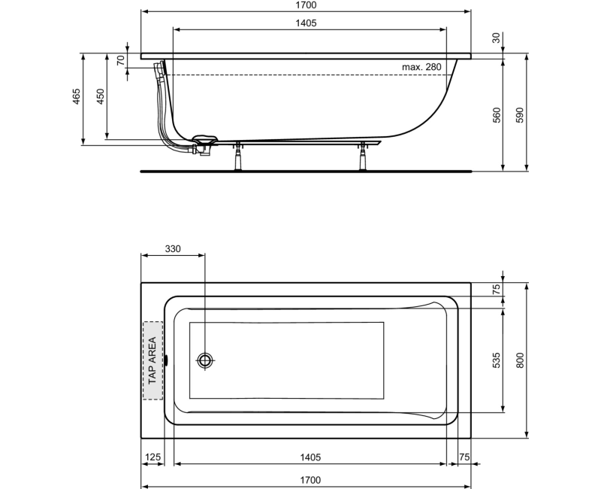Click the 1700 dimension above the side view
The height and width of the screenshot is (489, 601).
[x=306, y=5]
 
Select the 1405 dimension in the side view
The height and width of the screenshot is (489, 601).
[x=306, y=23]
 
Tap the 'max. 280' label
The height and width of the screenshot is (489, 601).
[x=421, y=68]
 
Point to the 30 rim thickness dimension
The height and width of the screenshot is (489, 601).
[x=497, y=38]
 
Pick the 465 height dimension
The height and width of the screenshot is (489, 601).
[x=77, y=98]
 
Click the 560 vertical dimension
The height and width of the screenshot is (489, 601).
[x=497, y=115]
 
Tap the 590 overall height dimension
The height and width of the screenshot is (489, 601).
[x=519, y=115]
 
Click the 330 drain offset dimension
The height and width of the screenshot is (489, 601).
[x=173, y=249]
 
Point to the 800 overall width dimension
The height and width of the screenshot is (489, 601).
[x=519, y=360]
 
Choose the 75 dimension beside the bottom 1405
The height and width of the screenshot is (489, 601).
[x=464, y=457]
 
